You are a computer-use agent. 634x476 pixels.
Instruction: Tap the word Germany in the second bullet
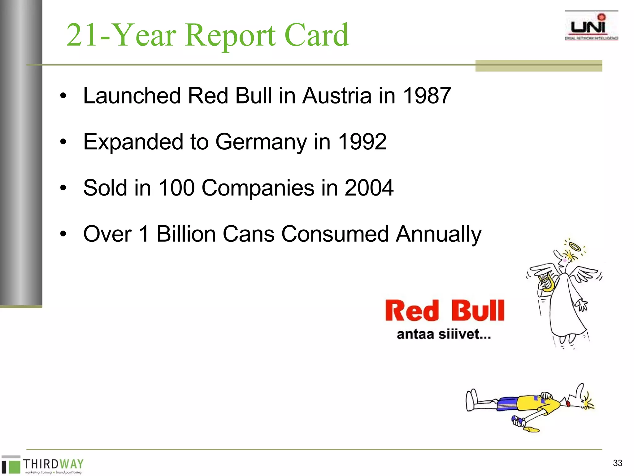click(x=261, y=142)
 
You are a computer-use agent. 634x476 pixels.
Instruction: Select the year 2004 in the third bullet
click(x=369, y=188)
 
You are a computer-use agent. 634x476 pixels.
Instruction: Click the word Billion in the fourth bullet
click(x=186, y=234)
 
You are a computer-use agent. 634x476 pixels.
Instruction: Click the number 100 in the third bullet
click(x=176, y=188)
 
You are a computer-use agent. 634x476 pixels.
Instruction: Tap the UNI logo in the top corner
click(x=591, y=27)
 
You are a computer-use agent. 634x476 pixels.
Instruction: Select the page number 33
click(x=617, y=463)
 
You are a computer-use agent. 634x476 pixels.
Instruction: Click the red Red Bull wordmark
click(x=445, y=311)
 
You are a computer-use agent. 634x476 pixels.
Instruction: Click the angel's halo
click(x=575, y=247)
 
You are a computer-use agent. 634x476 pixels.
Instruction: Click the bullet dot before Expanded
click(x=63, y=142)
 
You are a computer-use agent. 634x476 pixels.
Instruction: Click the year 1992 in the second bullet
click(x=362, y=142)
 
